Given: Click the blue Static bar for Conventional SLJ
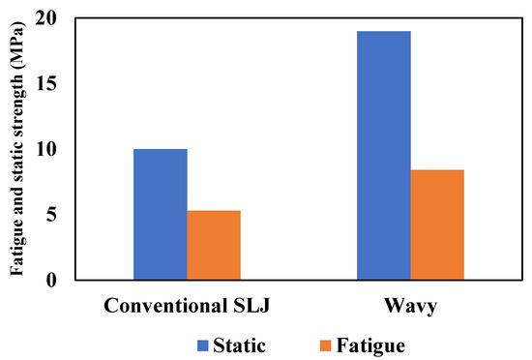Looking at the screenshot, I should pos(160,214).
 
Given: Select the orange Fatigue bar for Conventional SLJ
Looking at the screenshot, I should pos(214,245).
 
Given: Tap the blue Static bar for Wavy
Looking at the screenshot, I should pos(383,155).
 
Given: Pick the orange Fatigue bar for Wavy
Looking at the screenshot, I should pos(437,225).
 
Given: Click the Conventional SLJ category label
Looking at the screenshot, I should pos(187,307).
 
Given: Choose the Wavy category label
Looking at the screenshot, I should pos(410,307).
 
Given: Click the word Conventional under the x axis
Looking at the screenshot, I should pos(168,307).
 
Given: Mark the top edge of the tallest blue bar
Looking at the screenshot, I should pos(383,32).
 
